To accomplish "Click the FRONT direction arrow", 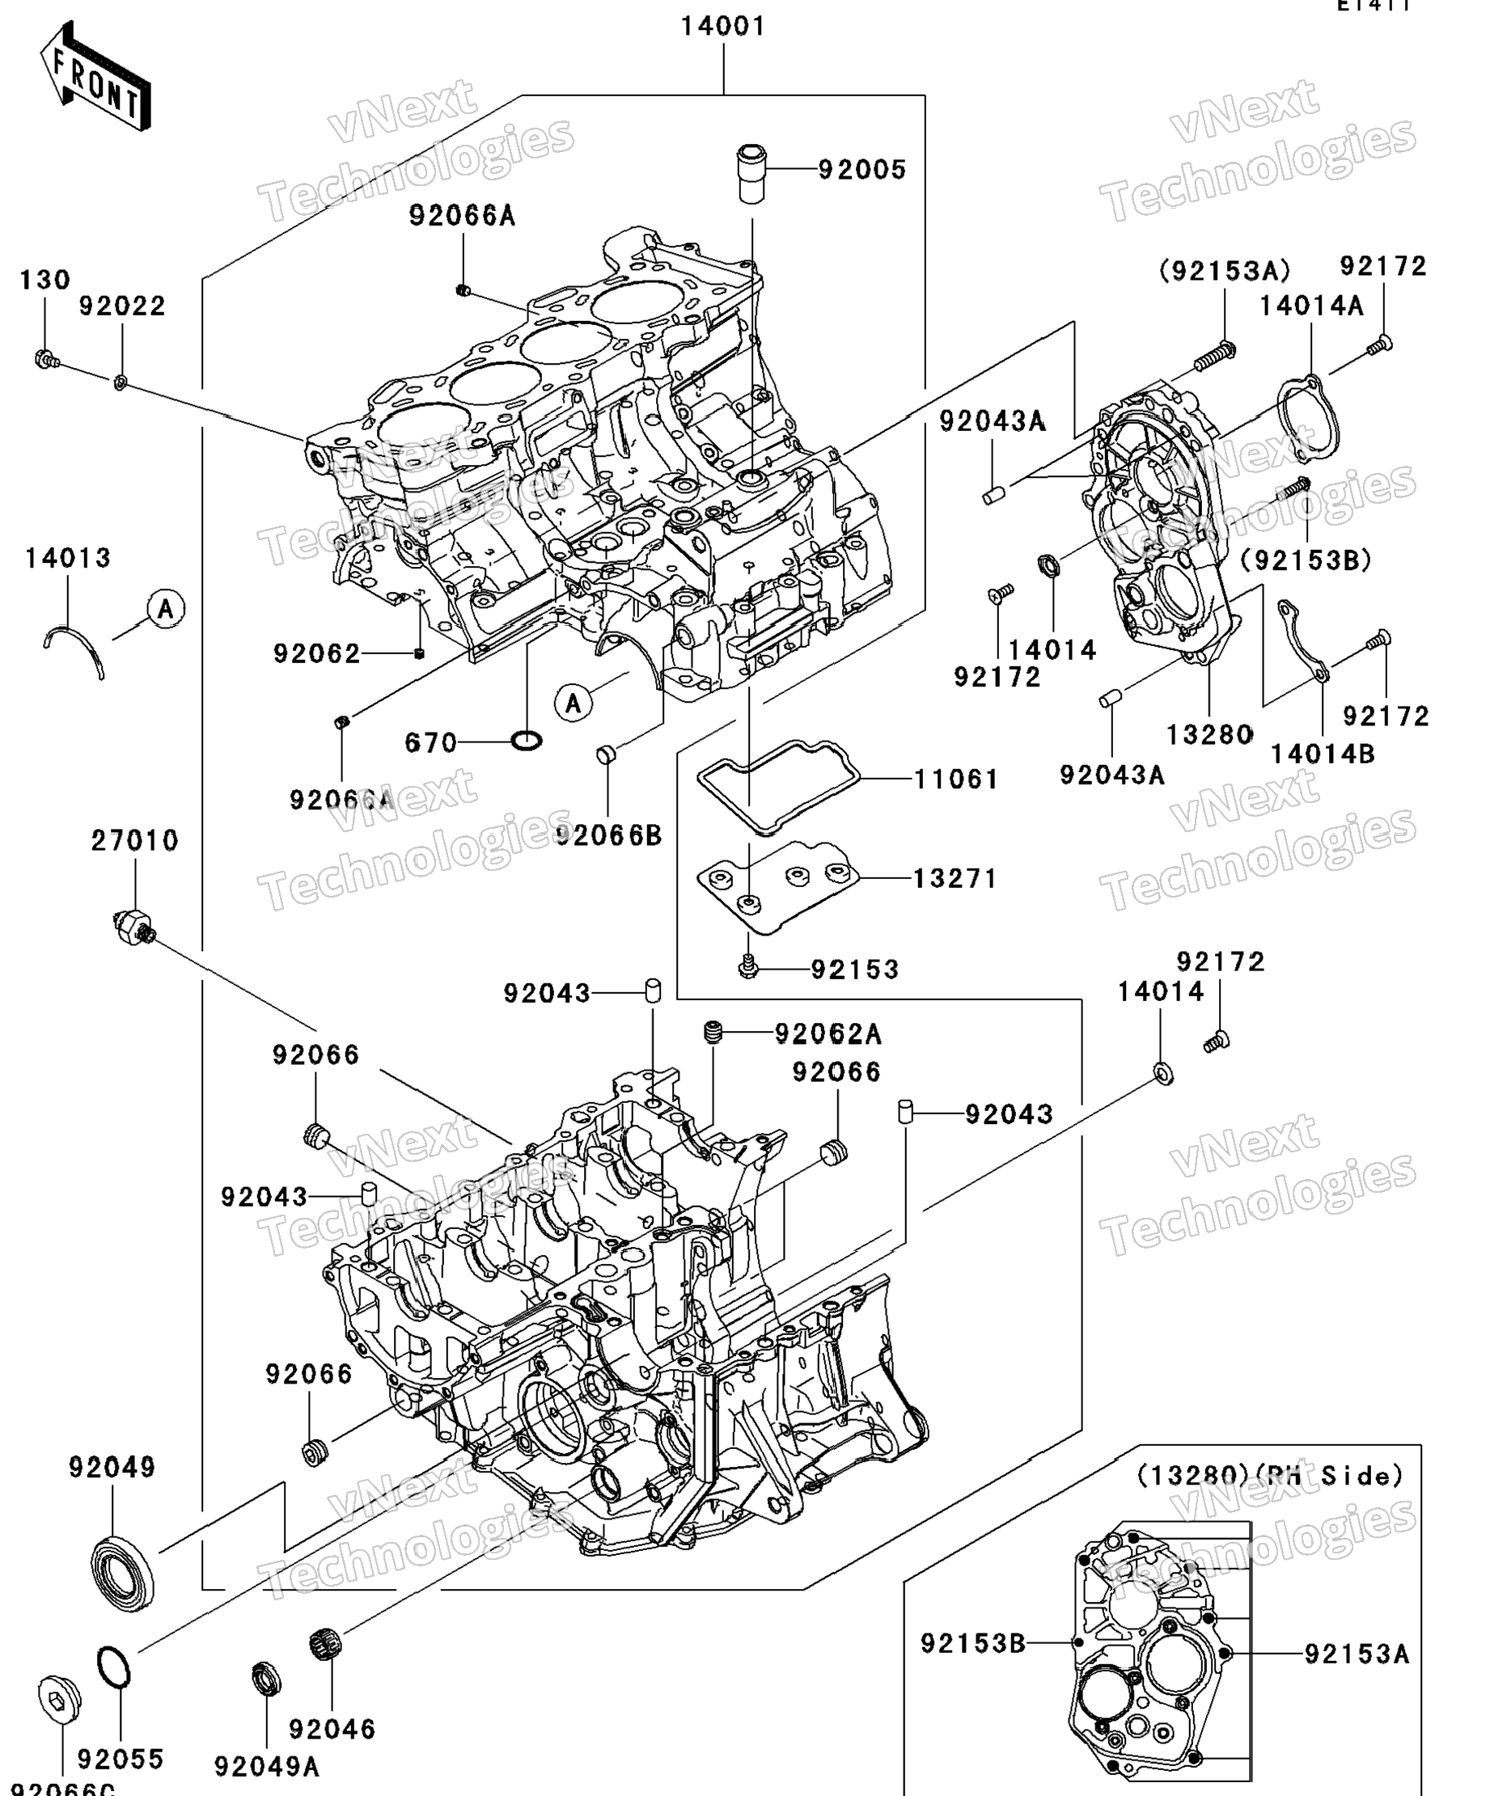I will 95,77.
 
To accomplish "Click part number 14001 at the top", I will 723,27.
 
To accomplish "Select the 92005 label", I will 861,169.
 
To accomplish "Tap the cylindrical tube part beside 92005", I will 751,175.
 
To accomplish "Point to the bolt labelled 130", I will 44,359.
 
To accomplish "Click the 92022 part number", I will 122,306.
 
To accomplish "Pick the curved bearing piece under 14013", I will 75,649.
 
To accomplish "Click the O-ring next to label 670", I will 526,740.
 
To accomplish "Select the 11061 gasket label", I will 956,779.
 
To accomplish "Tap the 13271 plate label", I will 955,878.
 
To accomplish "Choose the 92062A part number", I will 828,1034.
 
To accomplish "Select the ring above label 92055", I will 113,1667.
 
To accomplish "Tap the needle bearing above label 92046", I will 325,1644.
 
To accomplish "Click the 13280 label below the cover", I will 1209,733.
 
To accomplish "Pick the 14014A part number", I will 1310,306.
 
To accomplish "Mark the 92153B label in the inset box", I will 972,1643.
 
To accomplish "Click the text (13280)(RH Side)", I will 1269,1476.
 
